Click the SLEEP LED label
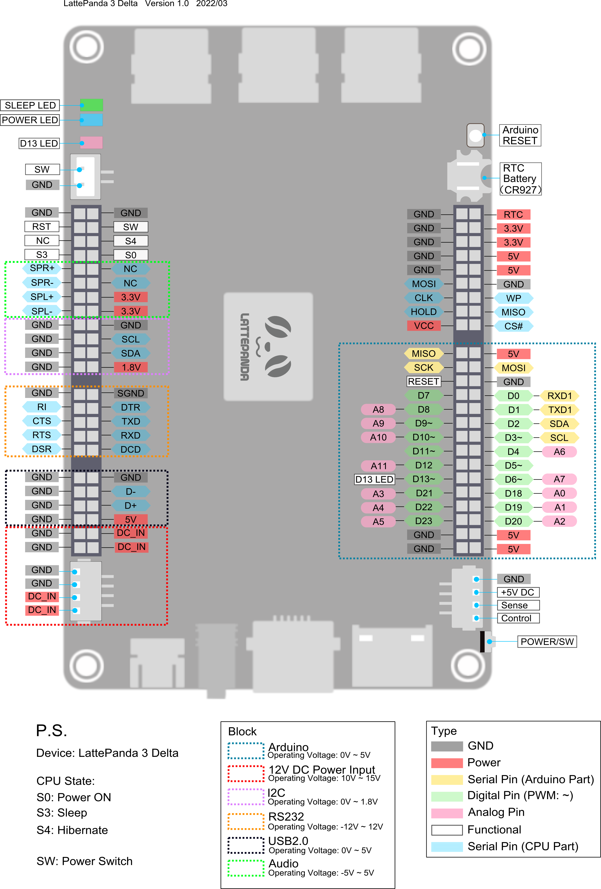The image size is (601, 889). [30, 105]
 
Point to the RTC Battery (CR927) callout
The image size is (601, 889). [520, 179]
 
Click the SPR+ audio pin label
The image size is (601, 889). [42, 268]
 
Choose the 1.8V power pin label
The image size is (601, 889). [131, 367]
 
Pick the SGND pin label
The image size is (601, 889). [131, 393]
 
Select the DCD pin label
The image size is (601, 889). [131, 449]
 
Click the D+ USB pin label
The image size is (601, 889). [131, 505]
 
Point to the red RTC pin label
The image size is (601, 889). [513, 215]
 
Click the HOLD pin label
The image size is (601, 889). [424, 312]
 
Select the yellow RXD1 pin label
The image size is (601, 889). [559, 395]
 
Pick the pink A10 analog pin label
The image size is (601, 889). [378, 437]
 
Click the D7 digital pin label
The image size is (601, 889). [424, 395]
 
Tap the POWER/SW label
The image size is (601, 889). [547, 642]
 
